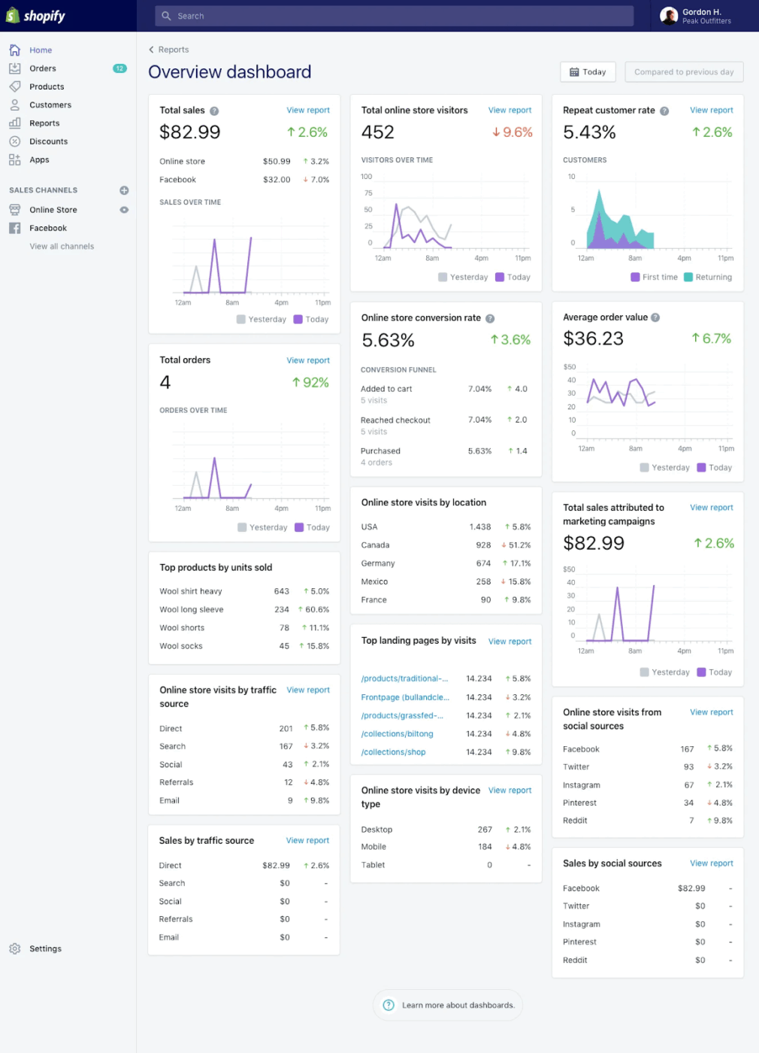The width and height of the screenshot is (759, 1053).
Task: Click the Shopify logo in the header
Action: [35, 16]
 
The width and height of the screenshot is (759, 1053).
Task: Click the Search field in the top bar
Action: [394, 16]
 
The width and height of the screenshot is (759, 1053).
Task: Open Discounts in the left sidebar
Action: [48, 141]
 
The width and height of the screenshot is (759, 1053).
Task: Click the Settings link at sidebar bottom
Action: [45, 948]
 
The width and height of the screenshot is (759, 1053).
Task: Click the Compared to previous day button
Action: [683, 72]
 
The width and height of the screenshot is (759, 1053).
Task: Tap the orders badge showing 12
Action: [119, 68]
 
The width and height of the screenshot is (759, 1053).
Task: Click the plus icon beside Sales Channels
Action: [124, 190]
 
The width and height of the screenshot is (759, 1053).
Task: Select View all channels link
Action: [62, 247]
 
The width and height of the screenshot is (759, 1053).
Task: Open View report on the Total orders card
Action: [308, 360]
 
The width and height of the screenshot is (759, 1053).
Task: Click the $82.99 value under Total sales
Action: [190, 132]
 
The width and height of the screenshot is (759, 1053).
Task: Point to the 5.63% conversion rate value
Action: [388, 341]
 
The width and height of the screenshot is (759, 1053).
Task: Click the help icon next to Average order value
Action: [655, 317]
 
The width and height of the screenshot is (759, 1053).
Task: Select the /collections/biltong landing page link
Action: [397, 734]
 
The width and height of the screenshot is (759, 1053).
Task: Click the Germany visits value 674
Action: [483, 563]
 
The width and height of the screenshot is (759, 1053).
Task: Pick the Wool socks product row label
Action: [181, 646]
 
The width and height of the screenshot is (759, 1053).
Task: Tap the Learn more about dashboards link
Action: [458, 1005]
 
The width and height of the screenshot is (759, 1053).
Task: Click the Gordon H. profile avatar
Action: [669, 16]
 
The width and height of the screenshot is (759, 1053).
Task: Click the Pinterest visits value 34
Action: [688, 803]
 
